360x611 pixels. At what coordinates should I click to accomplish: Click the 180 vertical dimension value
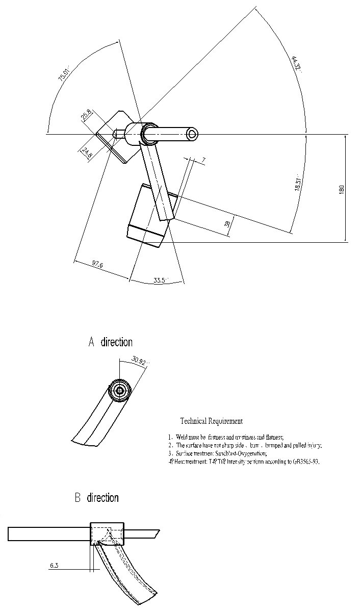click(342, 188)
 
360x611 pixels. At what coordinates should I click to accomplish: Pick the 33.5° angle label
click(161, 280)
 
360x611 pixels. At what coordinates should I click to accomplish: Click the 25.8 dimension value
click(86, 115)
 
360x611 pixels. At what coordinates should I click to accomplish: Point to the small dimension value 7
click(203, 160)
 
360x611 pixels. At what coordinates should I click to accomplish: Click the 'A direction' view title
click(110, 342)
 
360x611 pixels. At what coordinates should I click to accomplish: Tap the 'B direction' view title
click(96, 497)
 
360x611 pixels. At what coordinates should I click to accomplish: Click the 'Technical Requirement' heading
click(211, 421)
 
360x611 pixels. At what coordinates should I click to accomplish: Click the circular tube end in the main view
click(192, 134)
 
